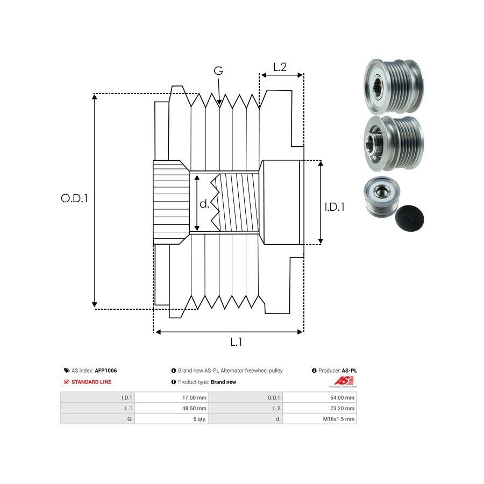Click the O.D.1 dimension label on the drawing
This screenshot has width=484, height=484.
74,198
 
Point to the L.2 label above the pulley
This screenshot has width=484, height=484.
280,67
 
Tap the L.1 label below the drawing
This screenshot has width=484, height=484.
236,341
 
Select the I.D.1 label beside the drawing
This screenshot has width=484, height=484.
334,207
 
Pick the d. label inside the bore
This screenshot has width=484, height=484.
204,204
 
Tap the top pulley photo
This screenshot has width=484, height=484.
393,86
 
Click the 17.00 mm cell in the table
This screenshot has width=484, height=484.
195,398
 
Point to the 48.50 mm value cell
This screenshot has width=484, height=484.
195,408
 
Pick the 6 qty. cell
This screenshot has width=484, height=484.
198,419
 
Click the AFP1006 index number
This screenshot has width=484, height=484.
106,371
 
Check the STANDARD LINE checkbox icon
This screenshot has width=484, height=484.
66,382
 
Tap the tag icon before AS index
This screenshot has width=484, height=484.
66,371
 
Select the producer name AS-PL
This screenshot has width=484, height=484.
350,371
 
